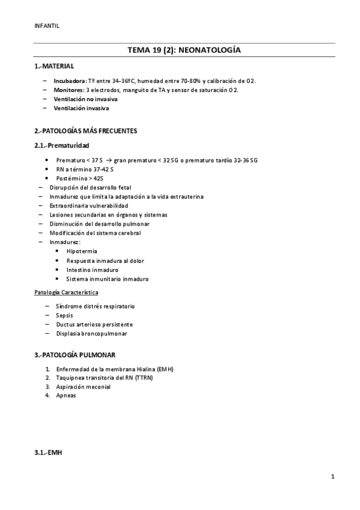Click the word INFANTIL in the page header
(x=47, y=25)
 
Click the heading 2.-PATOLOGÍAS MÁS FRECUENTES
(x=86, y=131)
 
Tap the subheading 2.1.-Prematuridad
(x=62, y=145)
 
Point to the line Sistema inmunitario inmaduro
(x=107, y=279)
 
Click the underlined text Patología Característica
(x=66, y=292)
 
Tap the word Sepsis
(x=64, y=315)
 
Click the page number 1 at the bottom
(x=332, y=477)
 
